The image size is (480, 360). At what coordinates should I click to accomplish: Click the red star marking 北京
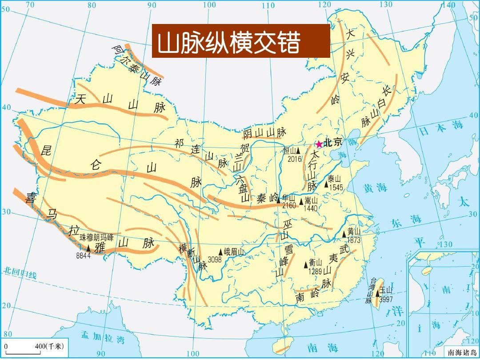(319, 144)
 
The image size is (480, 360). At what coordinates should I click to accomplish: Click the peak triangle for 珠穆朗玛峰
(88, 248)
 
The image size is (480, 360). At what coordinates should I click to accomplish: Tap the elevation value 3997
(386, 299)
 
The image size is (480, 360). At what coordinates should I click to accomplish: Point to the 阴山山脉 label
(264, 132)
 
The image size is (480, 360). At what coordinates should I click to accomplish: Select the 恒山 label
(289, 151)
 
